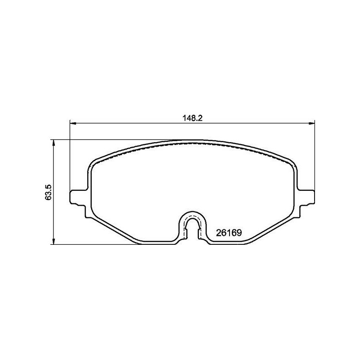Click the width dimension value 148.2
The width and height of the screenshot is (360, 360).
click(x=193, y=118)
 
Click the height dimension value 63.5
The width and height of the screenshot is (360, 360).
click(x=49, y=192)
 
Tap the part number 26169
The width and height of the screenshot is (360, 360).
click(x=229, y=233)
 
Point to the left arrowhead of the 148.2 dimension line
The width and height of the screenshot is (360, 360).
click(x=72, y=123)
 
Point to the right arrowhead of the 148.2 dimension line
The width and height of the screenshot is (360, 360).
click(x=311, y=123)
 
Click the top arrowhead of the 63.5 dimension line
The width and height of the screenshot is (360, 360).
click(x=54, y=143)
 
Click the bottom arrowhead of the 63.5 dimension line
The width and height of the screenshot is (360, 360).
click(x=54, y=241)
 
